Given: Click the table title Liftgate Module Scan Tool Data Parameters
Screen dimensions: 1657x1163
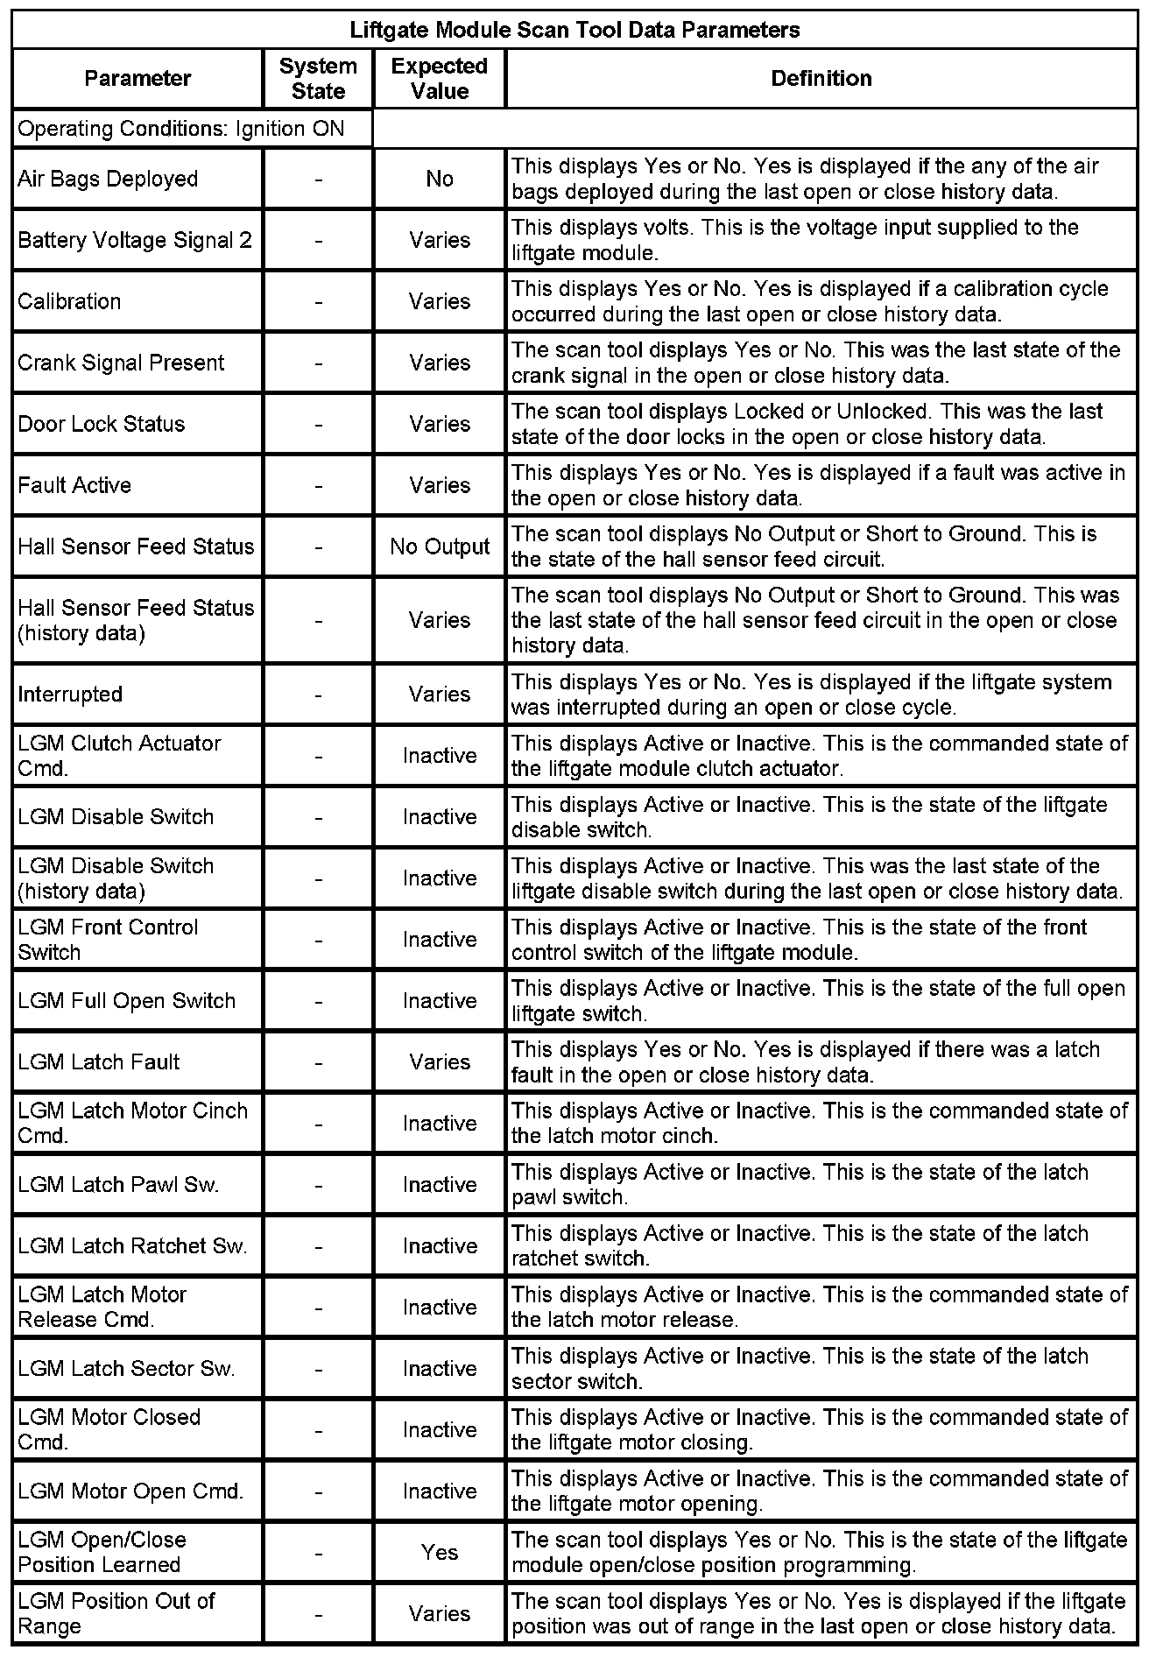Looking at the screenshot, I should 574,31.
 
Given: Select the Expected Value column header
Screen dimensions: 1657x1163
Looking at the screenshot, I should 440,79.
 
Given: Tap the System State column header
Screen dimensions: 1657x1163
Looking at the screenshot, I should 318,79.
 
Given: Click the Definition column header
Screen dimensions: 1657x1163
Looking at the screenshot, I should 821,79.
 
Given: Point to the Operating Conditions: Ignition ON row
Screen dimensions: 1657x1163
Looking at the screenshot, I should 181,130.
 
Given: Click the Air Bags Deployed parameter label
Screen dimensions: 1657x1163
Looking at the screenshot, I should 108,180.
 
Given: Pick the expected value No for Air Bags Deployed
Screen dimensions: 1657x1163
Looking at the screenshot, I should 440,180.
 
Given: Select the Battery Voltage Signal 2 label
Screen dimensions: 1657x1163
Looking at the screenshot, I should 135,240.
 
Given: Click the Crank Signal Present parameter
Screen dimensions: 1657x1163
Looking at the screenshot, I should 121,363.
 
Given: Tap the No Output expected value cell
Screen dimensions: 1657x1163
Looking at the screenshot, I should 440,547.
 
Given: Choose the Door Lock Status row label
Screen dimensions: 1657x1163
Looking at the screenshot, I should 102,425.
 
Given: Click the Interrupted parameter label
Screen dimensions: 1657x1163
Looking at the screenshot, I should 70,695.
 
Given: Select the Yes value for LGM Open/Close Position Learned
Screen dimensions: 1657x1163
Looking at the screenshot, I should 440,1552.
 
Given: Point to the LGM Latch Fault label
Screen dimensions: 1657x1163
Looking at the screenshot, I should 98,1062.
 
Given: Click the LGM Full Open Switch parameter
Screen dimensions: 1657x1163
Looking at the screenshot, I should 126,1001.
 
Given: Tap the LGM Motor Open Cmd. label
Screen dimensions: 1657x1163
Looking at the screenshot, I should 130,1491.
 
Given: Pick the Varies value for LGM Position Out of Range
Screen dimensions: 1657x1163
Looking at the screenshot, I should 440,1613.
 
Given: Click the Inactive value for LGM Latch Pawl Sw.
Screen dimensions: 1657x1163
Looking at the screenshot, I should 440,1185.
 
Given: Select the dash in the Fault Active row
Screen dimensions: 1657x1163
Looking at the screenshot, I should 318,486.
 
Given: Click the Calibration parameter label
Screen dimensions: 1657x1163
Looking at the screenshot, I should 69,302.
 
